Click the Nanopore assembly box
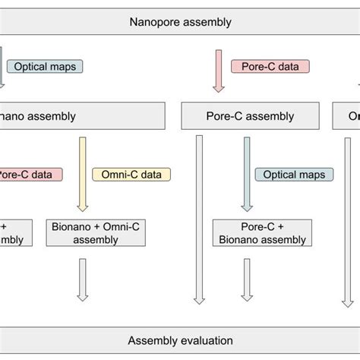point(180,21)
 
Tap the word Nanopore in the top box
point(156,21)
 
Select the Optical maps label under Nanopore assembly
point(45,66)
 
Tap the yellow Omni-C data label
point(131,175)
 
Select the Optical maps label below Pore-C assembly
point(294,175)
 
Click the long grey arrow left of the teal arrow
point(199,220)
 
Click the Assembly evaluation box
point(180,340)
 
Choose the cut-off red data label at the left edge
point(30,175)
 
